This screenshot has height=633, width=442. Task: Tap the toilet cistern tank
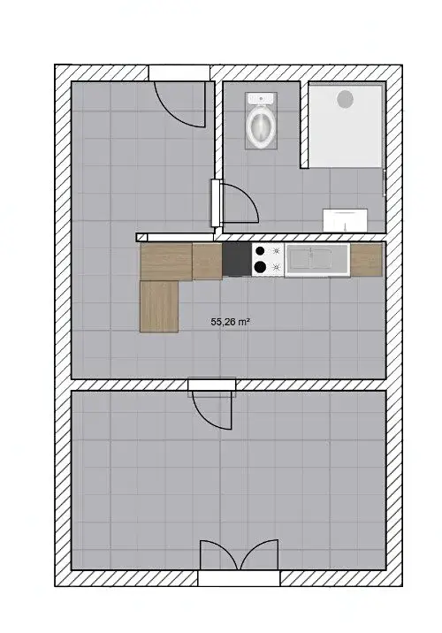click(x=261, y=98)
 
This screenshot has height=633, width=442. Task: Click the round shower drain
click(x=345, y=99)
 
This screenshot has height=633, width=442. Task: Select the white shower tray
click(x=345, y=126)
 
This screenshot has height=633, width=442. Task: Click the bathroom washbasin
click(x=345, y=220)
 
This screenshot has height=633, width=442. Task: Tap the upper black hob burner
click(x=261, y=251)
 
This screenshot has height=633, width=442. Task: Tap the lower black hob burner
click(x=261, y=266)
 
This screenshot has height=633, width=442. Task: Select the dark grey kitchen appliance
click(x=237, y=260)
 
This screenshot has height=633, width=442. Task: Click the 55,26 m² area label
click(x=229, y=322)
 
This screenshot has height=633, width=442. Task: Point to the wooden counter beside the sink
click(x=366, y=260)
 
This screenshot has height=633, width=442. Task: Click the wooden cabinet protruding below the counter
click(x=159, y=307)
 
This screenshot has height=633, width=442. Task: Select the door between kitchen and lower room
click(x=212, y=408)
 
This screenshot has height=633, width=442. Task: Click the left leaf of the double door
click(x=219, y=554)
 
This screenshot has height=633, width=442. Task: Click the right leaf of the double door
click(x=259, y=553)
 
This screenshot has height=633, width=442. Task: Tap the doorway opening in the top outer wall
click(x=179, y=73)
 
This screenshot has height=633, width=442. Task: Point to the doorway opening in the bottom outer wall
click(x=239, y=578)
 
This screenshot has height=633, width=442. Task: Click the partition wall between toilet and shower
click(x=304, y=125)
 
